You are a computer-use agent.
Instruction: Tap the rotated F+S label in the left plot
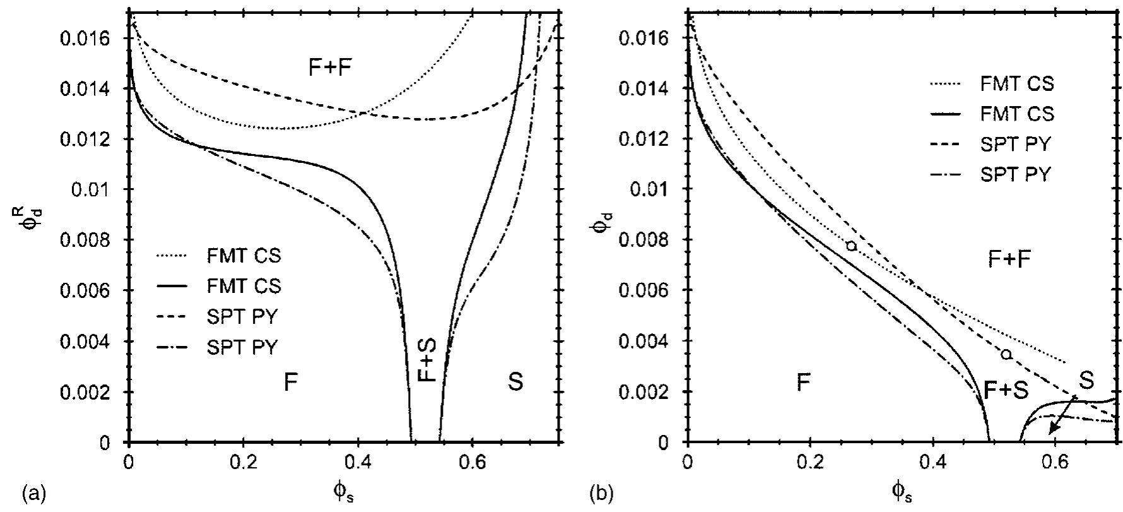tap(427, 359)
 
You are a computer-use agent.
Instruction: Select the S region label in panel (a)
tap(515, 381)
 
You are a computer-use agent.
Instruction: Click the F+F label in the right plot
tap(1009, 259)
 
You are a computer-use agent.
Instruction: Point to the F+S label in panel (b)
tap(1006, 391)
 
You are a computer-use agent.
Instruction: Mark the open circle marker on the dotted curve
tap(851, 246)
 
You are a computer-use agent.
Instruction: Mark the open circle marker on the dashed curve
tap(1006, 354)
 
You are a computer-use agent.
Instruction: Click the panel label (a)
tap(33, 492)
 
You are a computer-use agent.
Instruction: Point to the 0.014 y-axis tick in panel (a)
tap(86, 89)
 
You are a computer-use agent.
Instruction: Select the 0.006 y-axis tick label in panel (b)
tap(645, 291)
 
